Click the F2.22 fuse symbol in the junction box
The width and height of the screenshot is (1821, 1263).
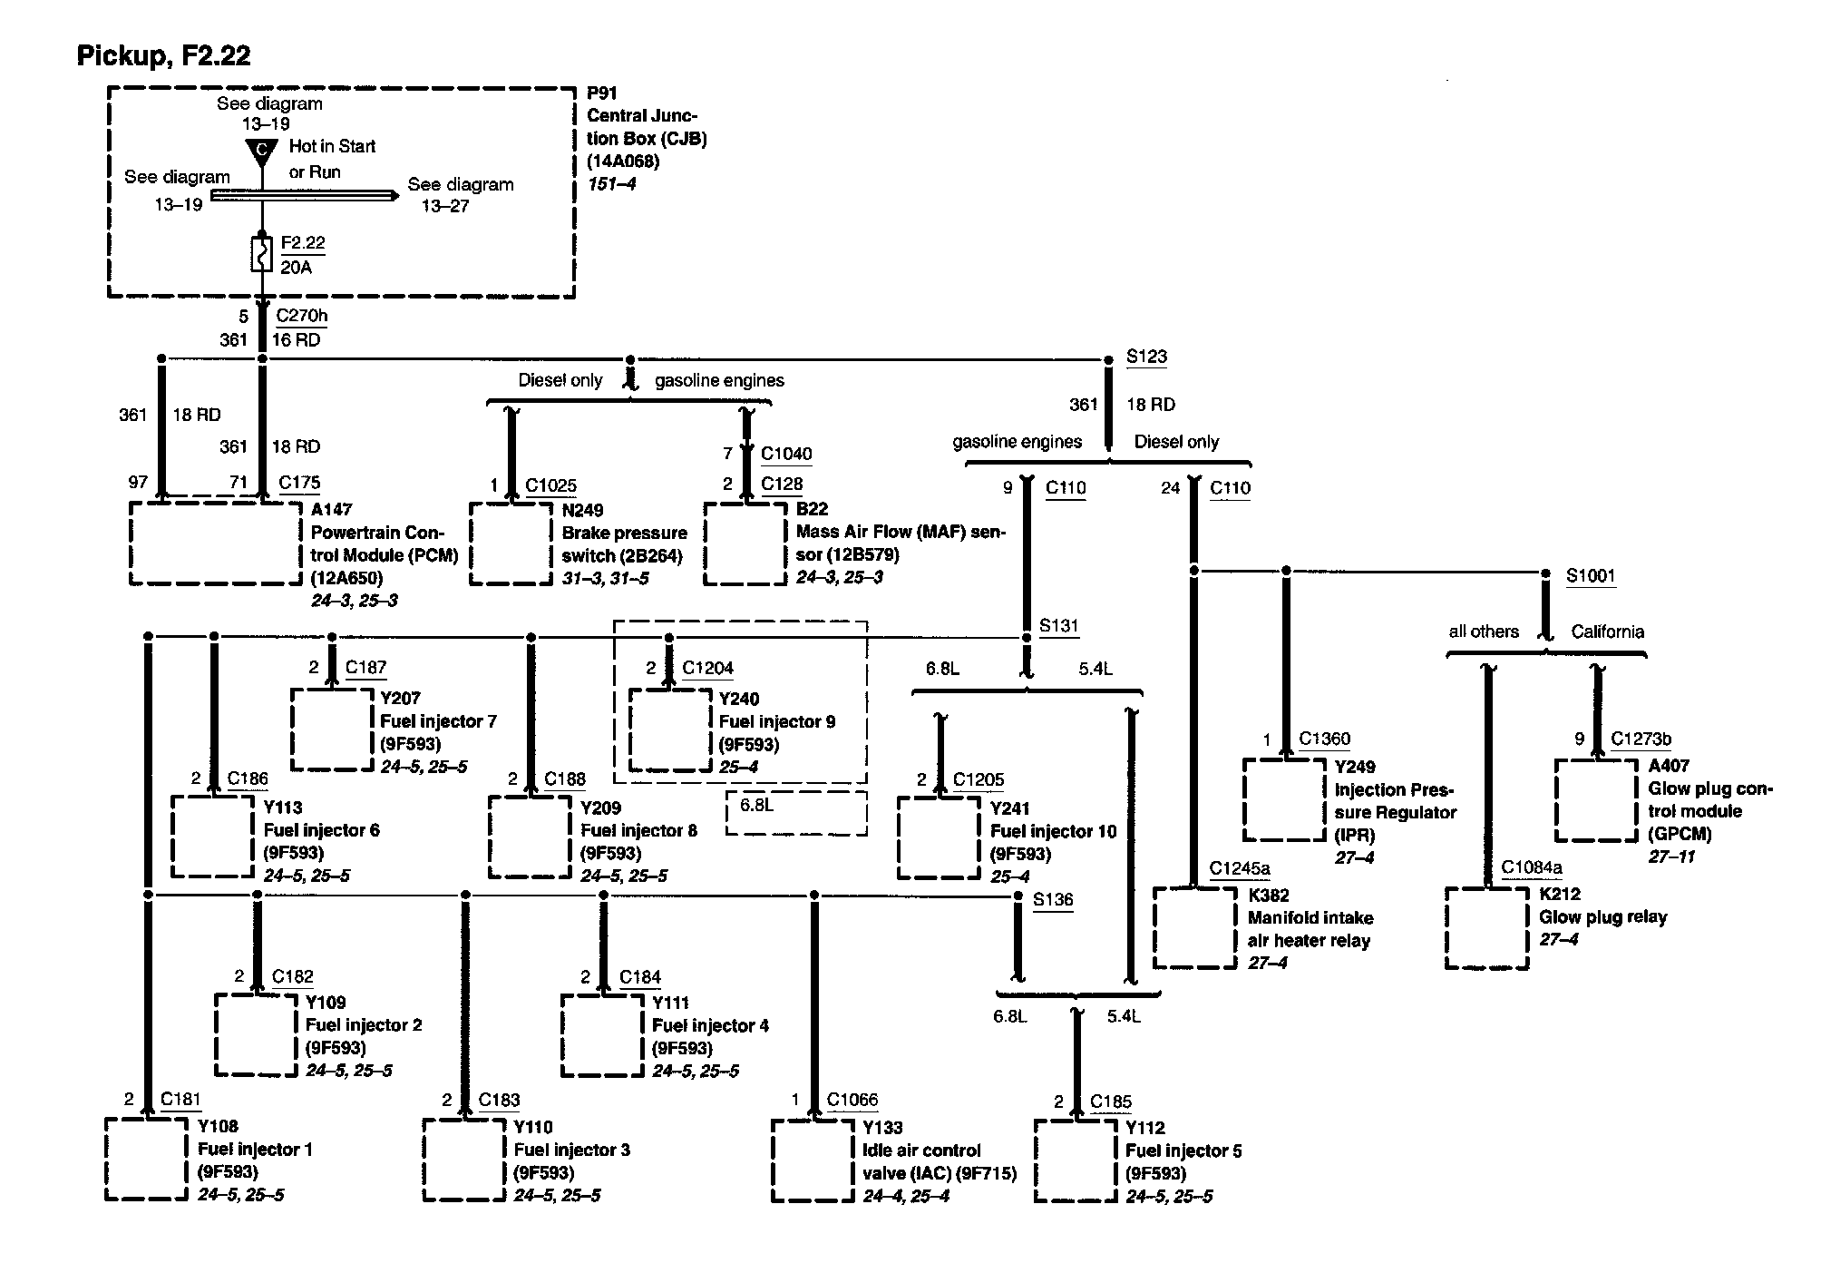(x=262, y=254)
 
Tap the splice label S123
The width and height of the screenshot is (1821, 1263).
(x=1146, y=357)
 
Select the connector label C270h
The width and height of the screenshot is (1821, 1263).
(x=301, y=316)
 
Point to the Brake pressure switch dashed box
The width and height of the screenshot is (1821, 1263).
(x=511, y=543)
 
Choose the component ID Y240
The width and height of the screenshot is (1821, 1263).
(x=738, y=699)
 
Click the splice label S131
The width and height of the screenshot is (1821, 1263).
(x=1058, y=625)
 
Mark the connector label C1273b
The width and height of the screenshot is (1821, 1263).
(x=1641, y=739)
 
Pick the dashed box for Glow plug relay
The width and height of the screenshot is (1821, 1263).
(x=1486, y=927)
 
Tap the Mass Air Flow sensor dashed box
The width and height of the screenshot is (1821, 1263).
(x=745, y=543)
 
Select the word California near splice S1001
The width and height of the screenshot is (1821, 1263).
(x=1607, y=631)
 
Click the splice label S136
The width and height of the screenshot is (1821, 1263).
(x=1053, y=899)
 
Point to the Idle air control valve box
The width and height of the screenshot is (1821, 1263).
(x=813, y=1160)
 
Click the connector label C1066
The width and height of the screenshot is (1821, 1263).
(x=852, y=1100)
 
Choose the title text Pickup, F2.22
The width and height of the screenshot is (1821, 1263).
(x=163, y=56)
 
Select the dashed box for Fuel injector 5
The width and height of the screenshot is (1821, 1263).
(x=1076, y=1161)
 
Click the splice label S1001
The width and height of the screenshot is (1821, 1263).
(x=1591, y=575)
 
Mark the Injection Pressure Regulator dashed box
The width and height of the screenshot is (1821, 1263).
(x=1284, y=799)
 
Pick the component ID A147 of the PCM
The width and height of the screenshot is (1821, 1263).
(x=331, y=510)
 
